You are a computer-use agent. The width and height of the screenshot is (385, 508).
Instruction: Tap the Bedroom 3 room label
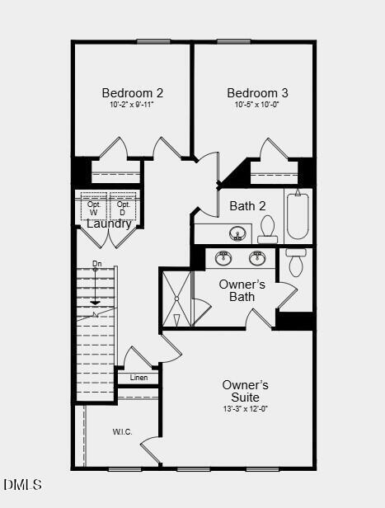(257, 93)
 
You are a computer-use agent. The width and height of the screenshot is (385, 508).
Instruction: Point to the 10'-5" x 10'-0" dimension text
(257, 105)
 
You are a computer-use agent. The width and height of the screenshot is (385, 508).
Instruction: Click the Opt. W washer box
(93, 208)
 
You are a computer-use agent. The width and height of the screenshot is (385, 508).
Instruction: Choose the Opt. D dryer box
(123, 208)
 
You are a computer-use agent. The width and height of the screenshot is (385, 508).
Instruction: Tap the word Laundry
(109, 223)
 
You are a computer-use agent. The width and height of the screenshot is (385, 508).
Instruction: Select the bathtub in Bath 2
(298, 215)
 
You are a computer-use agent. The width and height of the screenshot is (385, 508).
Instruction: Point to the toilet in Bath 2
(267, 228)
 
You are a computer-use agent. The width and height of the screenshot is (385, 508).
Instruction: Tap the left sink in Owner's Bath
(223, 258)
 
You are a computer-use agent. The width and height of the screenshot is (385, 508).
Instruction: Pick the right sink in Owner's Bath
(257, 258)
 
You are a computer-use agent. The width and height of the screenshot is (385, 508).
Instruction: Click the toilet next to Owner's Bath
(296, 263)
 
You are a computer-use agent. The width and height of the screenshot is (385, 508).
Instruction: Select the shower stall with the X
(176, 299)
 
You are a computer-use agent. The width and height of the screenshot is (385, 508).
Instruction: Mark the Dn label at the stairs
(96, 265)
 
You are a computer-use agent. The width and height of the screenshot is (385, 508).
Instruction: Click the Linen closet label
(139, 379)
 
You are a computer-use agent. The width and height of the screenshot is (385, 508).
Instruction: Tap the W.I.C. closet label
(122, 432)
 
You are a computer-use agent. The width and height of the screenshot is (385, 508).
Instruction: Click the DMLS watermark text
(22, 485)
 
